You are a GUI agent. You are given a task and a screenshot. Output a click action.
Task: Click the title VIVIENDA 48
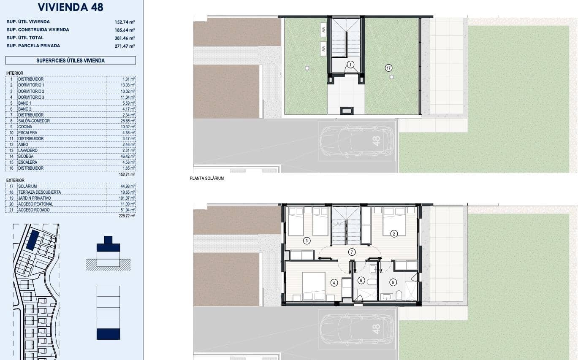(x=71, y=7)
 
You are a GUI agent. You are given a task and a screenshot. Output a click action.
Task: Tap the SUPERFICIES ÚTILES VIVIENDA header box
(x=71, y=60)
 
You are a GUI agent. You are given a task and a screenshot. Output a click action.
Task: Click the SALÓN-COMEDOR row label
(x=34, y=121)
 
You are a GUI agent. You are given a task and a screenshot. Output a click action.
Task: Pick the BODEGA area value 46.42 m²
(x=127, y=156)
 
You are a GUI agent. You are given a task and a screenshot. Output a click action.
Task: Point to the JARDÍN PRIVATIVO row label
(x=34, y=198)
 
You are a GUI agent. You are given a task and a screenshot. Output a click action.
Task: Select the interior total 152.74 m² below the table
(x=127, y=174)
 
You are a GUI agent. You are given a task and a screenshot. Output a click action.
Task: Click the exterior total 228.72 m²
(x=127, y=216)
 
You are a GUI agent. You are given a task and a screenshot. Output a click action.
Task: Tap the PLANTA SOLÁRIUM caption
(x=207, y=179)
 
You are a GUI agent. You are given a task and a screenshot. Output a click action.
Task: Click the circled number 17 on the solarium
(x=388, y=68)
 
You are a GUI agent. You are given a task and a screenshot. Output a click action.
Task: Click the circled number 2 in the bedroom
(x=393, y=233)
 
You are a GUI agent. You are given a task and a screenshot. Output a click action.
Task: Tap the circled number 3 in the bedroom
(x=307, y=241)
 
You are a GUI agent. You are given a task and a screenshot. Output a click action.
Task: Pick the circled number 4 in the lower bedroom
(x=334, y=283)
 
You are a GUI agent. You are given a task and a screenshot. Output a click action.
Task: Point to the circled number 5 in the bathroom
(x=393, y=282)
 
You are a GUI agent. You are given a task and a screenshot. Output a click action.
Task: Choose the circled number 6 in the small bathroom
(x=361, y=280)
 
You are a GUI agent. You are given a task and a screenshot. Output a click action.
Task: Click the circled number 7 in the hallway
(x=352, y=252)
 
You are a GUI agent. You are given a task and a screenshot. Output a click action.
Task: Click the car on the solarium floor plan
(x=357, y=141)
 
